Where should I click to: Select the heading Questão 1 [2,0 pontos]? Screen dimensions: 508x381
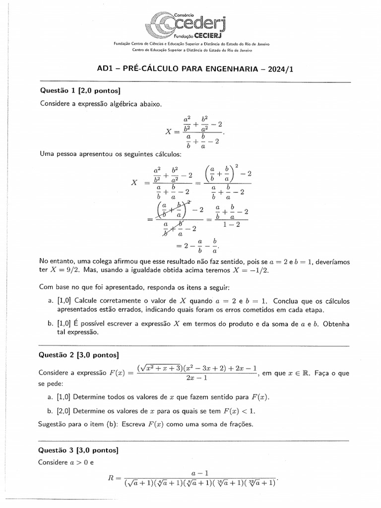click(80, 90)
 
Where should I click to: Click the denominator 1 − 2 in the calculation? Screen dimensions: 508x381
click(232, 224)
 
